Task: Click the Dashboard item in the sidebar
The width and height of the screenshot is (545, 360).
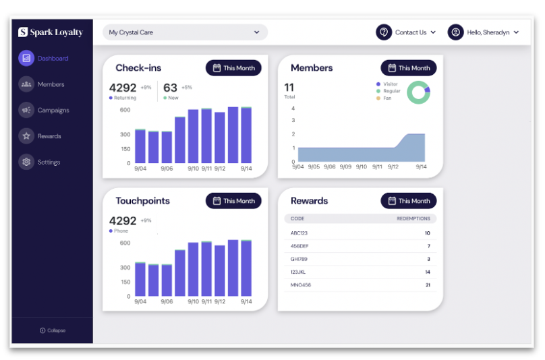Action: point(43,59)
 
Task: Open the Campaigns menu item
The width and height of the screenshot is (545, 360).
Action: point(44,110)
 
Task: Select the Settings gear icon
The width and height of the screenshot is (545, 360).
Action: point(26,162)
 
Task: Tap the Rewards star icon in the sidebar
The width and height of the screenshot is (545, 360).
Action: point(26,136)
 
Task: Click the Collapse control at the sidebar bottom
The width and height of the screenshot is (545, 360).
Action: point(53,330)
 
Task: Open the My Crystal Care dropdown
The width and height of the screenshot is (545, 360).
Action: point(185,32)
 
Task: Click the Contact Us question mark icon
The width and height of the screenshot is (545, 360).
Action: point(384,32)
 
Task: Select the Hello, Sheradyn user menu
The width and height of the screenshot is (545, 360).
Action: point(483,32)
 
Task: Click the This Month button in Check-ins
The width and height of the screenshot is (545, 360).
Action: point(233,68)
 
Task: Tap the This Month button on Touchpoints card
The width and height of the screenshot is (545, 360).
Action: point(233,201)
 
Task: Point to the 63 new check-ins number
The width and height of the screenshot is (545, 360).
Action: point(170,88)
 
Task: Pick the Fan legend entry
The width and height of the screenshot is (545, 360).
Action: point(384,98)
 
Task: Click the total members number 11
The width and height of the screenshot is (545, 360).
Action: point(289,87)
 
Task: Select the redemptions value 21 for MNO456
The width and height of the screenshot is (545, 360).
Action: point(428,285)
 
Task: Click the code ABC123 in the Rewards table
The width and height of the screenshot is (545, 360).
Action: point(299,233)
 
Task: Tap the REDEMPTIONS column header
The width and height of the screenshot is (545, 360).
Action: point(413,218)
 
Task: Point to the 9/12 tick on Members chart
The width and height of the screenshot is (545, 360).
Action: point(393,167)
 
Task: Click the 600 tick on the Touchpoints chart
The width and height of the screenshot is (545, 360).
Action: point(125,243)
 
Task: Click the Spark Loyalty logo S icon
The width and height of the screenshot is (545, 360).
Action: point(23,32)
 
